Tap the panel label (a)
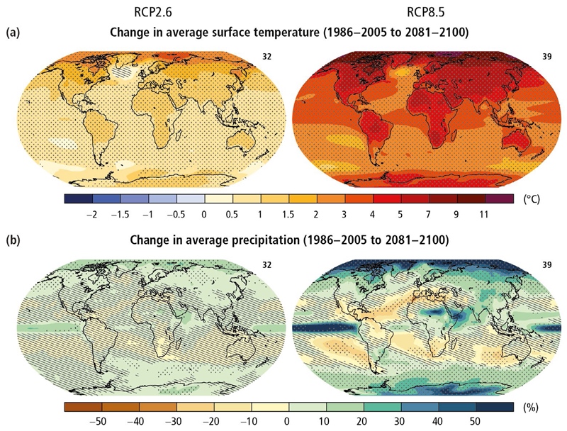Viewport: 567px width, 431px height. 12,33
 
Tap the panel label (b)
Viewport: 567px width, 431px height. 12,240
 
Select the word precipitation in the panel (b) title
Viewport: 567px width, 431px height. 269,240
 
